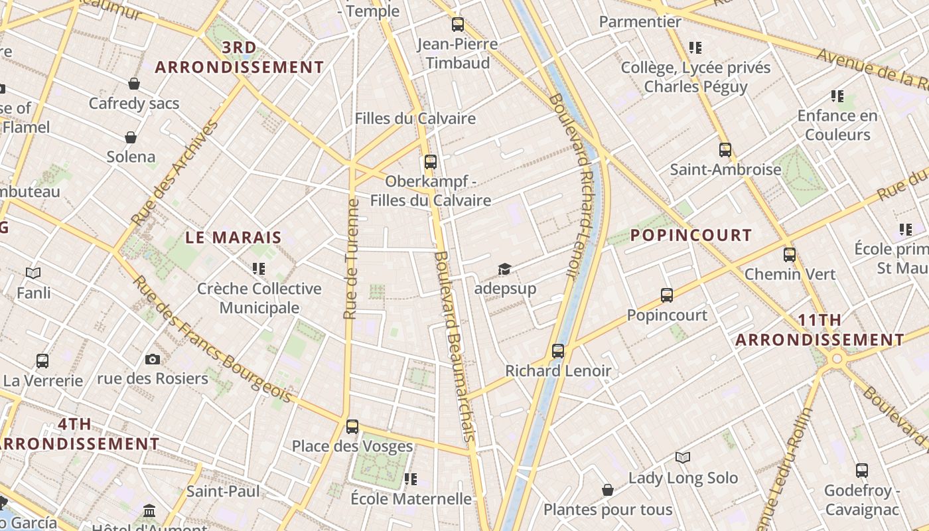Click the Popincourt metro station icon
coord(667,295)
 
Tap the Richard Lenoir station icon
coord(558,351)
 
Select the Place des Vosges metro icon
coord(352,427)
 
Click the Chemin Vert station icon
coord(790,255)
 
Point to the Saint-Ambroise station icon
coord(725,150)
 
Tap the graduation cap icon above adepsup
coord(505,269)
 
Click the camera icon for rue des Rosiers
coord(153,360)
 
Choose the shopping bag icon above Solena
coord(131,137)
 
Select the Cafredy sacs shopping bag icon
coord(134,84)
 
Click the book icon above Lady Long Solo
coord(683,458)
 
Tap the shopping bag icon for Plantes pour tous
coord(608,491)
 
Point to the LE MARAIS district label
coord(234,237)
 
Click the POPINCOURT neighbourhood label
coord(691,235)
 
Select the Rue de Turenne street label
coord(352,259)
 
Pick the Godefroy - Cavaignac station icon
coord(862,471)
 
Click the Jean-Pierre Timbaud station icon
coord(458,25)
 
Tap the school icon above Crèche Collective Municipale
coord(259,269)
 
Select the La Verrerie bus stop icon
coord(42,361)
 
